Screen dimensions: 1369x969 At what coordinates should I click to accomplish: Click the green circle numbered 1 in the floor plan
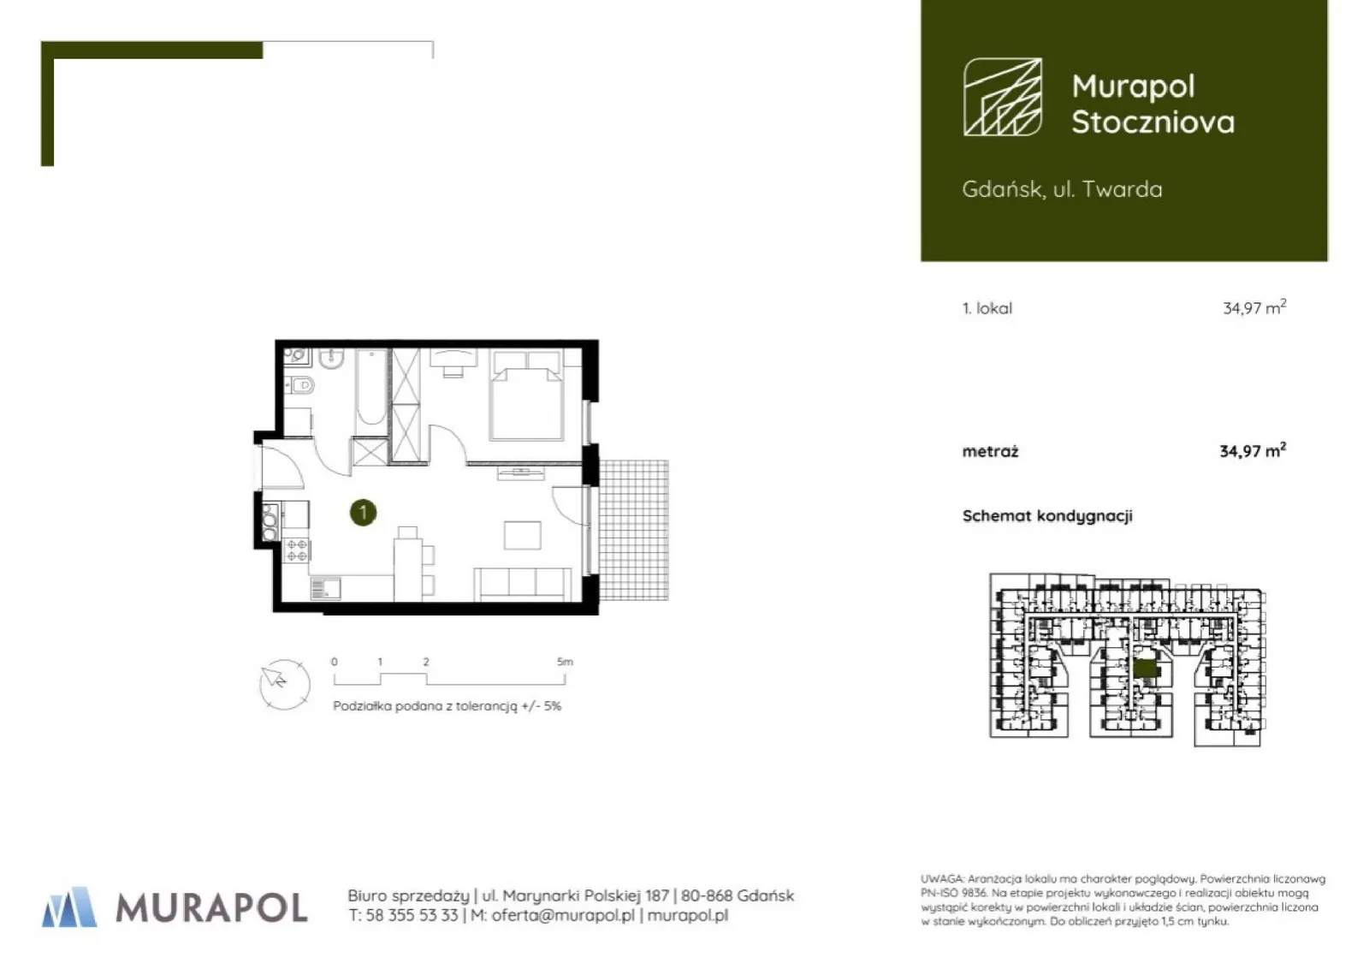(x=363, y=512)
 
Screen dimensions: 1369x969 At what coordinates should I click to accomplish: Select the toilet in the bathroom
(x=301, y=384)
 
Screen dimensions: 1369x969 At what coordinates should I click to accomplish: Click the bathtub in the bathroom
(x=371, y=387)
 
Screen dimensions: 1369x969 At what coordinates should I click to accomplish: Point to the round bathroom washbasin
(x=331, y=359)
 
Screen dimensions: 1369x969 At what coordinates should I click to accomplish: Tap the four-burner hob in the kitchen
(x=297, y=550)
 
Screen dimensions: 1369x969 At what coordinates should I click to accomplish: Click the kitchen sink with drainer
(x=326, y=589)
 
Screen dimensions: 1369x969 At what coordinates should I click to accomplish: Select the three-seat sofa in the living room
(x=523, y=585)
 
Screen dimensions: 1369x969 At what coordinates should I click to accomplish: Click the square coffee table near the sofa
(x=523, y=536)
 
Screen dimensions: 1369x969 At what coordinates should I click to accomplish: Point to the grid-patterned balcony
(x=634, y=531)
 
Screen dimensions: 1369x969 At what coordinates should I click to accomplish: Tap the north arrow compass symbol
(x=284, y=684)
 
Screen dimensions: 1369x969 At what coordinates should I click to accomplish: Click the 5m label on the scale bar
(x=566, y=662)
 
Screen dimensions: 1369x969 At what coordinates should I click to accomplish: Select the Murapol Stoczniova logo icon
(x=1003, y=97)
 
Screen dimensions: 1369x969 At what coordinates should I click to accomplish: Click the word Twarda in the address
(x=1123, y=189)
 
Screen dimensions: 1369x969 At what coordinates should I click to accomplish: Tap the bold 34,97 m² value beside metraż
(x=1253, y=450)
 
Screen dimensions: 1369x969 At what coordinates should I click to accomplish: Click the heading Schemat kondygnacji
(x=1047, y=516)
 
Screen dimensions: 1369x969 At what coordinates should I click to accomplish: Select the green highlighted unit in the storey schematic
(x=1145, y=669)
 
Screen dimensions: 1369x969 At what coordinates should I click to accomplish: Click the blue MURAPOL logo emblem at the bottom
(x=69, y=907)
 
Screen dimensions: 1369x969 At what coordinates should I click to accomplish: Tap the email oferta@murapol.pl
(x=563, y=915)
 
